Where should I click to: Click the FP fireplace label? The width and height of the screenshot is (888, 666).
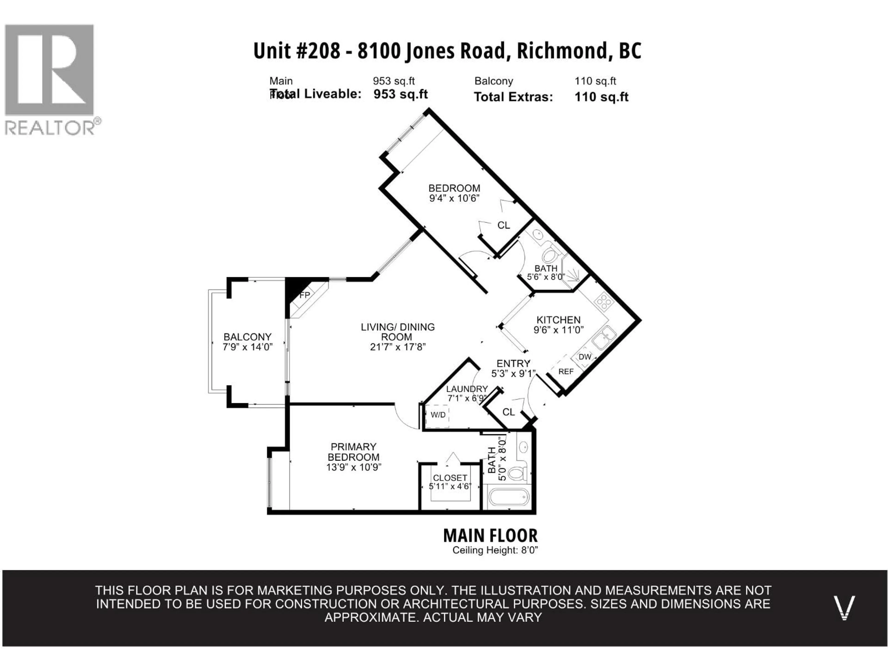tap(305, 295)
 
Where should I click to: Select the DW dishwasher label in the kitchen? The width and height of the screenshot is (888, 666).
tap(585, 357)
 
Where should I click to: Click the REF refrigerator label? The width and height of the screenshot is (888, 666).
tap(566, 372)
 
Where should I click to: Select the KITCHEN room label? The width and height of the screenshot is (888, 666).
tap(558, 320)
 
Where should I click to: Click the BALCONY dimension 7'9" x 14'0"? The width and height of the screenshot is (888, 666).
tap(248, 347)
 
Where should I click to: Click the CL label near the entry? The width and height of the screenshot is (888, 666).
tap(508, 412)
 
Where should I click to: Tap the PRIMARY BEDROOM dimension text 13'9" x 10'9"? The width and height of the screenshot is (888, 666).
tap(353, 467)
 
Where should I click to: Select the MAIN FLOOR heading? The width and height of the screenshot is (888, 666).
tap(490, 536)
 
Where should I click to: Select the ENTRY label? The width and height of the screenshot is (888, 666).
tap(513, 363)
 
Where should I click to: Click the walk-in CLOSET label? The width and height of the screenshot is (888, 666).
tap(450, 478)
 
